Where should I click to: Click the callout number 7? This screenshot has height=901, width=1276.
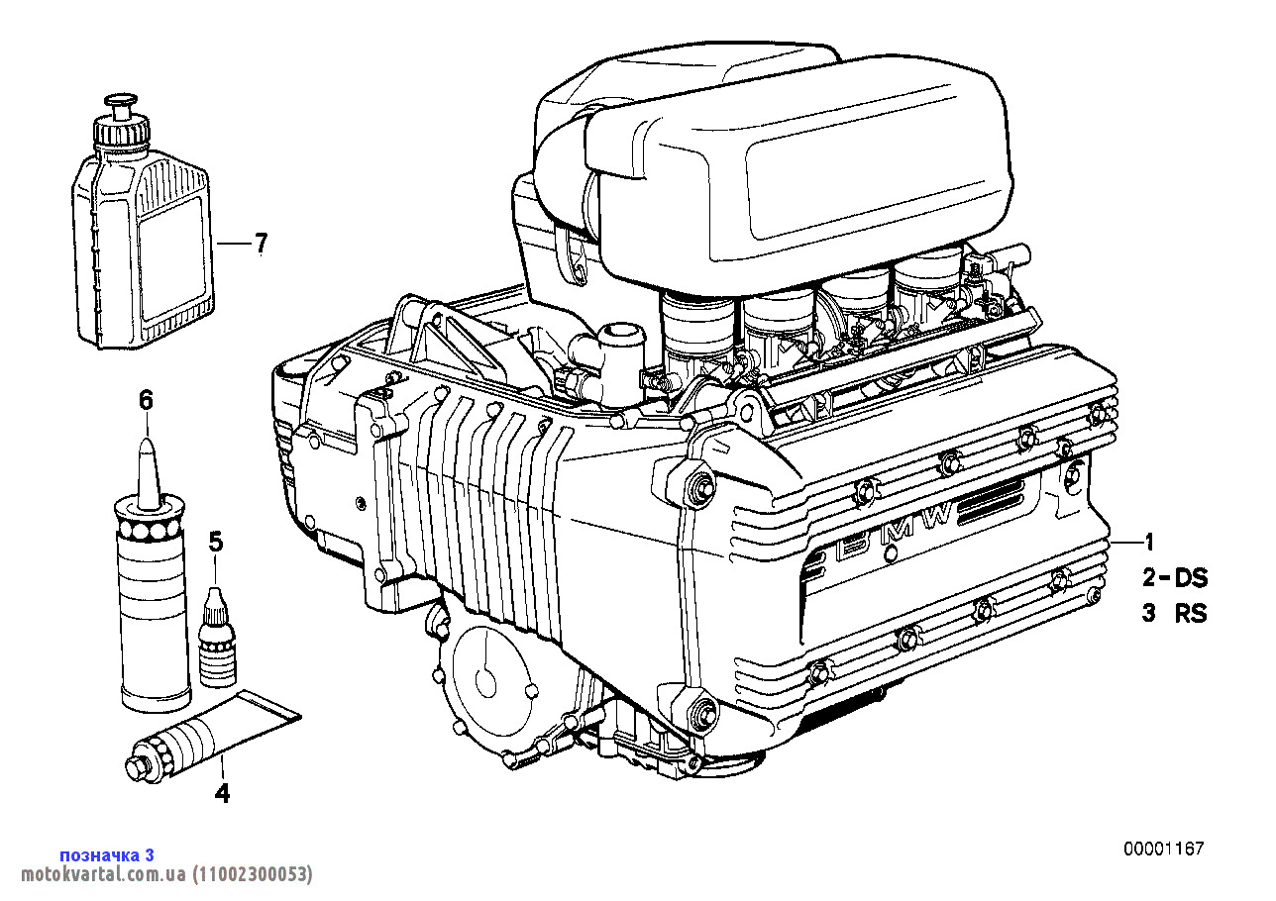click(261, 244)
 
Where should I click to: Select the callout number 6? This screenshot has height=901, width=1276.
click(147, 401)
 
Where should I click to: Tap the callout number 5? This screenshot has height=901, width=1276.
click(215, 543)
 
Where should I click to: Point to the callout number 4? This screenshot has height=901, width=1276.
click(222, 793)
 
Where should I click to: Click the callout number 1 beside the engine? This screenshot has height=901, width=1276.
click(1149, 543)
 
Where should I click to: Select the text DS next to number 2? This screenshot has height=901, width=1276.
click(1191, 578)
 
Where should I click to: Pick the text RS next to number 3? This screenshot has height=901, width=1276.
click(1191, 614)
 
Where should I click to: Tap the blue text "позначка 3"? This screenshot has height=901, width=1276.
click(107, 855)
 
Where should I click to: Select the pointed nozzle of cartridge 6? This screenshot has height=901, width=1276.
click(149, 474)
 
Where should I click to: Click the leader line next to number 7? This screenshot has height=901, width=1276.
click(233, 244)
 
